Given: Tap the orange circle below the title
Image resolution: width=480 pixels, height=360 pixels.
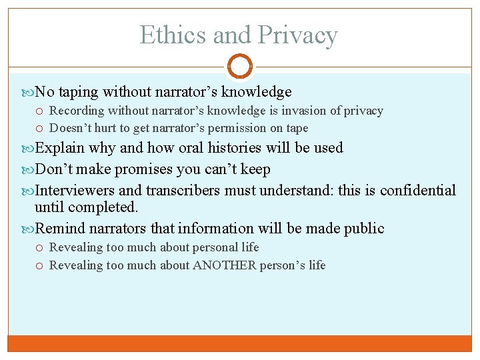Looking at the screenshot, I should pyautogui.click(x=240, y=66).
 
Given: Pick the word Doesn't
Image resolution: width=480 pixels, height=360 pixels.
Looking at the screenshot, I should pyautogui.click(x=71, y=128).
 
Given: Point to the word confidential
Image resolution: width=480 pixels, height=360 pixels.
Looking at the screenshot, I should pyautogui.click(x=418, y=191).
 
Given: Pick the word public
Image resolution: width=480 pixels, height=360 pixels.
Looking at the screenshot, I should pyautogui.click(x=364, y=229).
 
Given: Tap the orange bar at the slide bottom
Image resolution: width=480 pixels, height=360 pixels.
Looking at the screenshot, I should pyautogui.click(x=240, y=343).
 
